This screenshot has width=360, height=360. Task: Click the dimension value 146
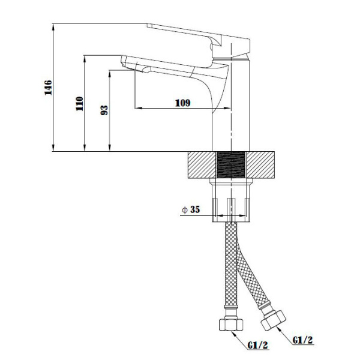[x=48, y=88]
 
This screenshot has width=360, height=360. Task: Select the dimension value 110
[x=80, y=104]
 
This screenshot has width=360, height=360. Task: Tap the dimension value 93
[x=104, y=110]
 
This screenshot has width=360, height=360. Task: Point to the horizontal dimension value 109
[x=183, y=103]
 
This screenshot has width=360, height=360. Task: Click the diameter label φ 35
[x=191, y=209]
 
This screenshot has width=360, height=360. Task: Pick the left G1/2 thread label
[x=257, y=345]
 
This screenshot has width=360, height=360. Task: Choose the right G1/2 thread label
[x=302, y=340]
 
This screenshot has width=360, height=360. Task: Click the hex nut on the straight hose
[x=231, y=325]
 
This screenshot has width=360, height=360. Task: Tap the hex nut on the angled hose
[x=273, y=320]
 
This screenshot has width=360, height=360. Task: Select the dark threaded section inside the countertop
[x=231, y=164]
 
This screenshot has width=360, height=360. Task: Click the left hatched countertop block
[x=202, y=164]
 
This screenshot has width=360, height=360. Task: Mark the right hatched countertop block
[x=260, y=164]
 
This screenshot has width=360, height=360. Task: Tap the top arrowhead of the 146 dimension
[x=53, y=26]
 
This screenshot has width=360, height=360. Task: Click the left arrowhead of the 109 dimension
[x=138, y=108]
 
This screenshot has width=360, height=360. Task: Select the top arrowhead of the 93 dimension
[x=110, y=73]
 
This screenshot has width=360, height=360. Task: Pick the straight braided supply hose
[x=231, y=265]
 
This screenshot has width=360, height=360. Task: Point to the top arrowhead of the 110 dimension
[x=85, y=59]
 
